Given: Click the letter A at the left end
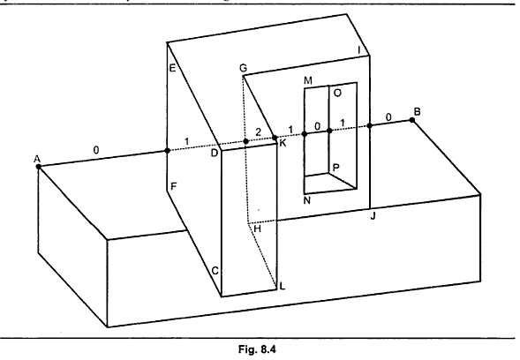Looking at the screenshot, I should tap(37, 159).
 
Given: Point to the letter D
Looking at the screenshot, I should tap(214, 154).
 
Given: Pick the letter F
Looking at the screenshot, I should tap(173, 187).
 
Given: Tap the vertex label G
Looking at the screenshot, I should tap(242, 68).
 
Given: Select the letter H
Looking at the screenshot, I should tap(258, 229).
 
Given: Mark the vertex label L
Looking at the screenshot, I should tap(283, 287).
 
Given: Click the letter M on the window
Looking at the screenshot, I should tap(307, 80).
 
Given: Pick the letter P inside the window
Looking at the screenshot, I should tap(335, 167).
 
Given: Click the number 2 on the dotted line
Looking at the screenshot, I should tap(257, 131).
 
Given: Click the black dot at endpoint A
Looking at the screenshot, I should tap(38, 167).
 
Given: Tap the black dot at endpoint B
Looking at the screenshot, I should tap(411, 120).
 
